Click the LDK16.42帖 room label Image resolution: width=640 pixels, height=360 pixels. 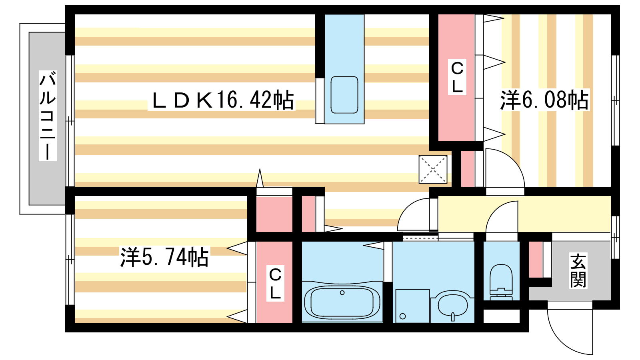tap(222, 100)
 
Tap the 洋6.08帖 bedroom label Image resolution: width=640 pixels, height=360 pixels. tap(544, 100)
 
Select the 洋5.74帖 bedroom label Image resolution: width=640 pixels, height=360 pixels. tap(164, 257)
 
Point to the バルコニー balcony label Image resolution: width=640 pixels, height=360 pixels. tap(48, 116)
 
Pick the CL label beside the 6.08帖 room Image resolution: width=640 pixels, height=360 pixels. tap(457, 77)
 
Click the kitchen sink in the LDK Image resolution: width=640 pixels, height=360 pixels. tap(344, 95)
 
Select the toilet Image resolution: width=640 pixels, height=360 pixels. tap(501, 282)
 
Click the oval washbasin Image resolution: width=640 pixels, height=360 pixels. tap(452, 305)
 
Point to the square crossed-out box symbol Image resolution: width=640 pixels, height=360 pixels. tap(433, 170)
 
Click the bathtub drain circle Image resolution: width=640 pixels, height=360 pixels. tap(342, 292)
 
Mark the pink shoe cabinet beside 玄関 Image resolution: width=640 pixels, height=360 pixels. tap(536, 260)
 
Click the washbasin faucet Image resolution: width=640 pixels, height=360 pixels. tap(452, 317)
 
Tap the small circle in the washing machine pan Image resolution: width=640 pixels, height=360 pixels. tap(403, 316)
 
